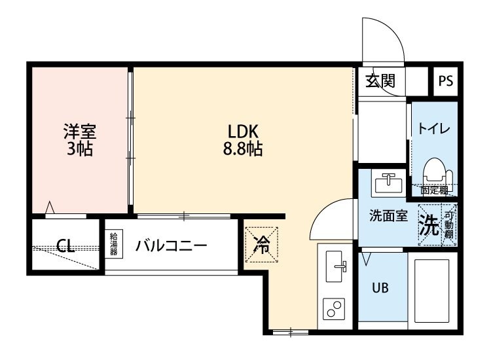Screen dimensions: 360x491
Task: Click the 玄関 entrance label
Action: pyautogui.click(x=380, y=81)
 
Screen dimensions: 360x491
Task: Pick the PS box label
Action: pyautogui.click(x=446, y=81)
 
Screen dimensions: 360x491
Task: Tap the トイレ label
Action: pyautogui.click(x=433, y=128)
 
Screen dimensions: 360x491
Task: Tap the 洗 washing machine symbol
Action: pyautogui.click(x=429, y=226)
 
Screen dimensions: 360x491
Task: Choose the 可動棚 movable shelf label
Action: pyautogui.click(x=449, y=226)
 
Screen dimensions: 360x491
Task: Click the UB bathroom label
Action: pyautogui.click(x=381, y=288)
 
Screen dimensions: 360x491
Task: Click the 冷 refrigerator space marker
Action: pyautogui.click(x=262, y=245)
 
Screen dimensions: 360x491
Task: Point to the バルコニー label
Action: pyautogui.click(x=172, y=246)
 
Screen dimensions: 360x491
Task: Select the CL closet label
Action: pyautogui.click(x=64, y=246)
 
